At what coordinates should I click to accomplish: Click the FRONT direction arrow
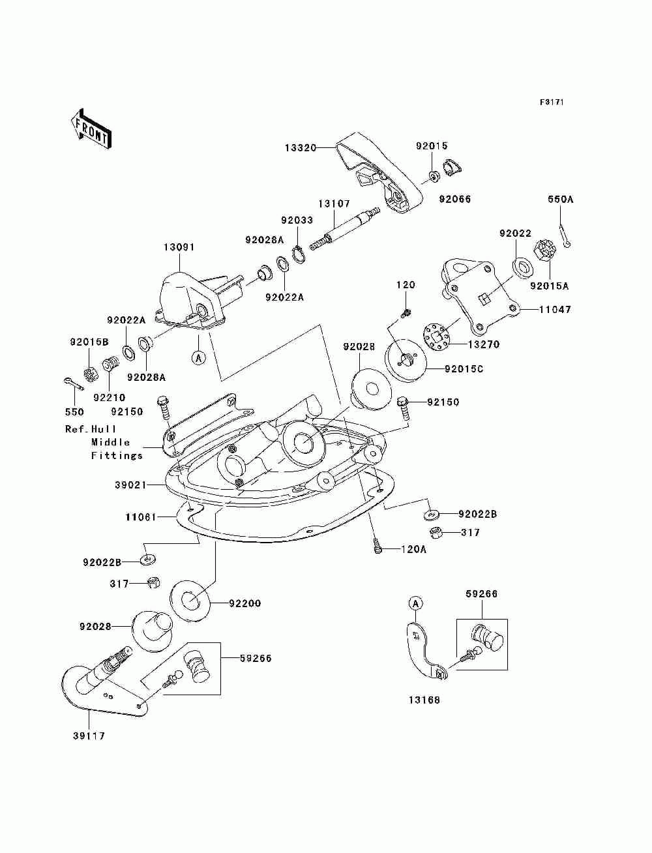point(91,128)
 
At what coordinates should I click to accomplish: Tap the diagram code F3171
point(552,102)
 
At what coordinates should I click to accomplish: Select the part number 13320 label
point(301,148)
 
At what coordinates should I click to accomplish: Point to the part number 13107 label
point(334,203)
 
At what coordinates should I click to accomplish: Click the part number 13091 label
point(179,247)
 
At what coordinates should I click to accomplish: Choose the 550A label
point(561,200)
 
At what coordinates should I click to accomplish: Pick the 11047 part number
point(555,309)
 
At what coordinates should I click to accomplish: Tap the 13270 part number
point(483,344)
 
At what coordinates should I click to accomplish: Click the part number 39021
point(131,485)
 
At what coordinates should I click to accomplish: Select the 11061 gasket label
point(141,517)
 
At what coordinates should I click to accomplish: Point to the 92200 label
point(244,603)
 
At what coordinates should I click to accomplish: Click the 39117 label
point(89,736)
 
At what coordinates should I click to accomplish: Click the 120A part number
point(413,550)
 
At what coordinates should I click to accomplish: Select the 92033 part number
point(297,220)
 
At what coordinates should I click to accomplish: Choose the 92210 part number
point(109,398)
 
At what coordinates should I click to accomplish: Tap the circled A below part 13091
point(199,357)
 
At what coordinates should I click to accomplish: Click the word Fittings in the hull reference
point(117,455)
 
